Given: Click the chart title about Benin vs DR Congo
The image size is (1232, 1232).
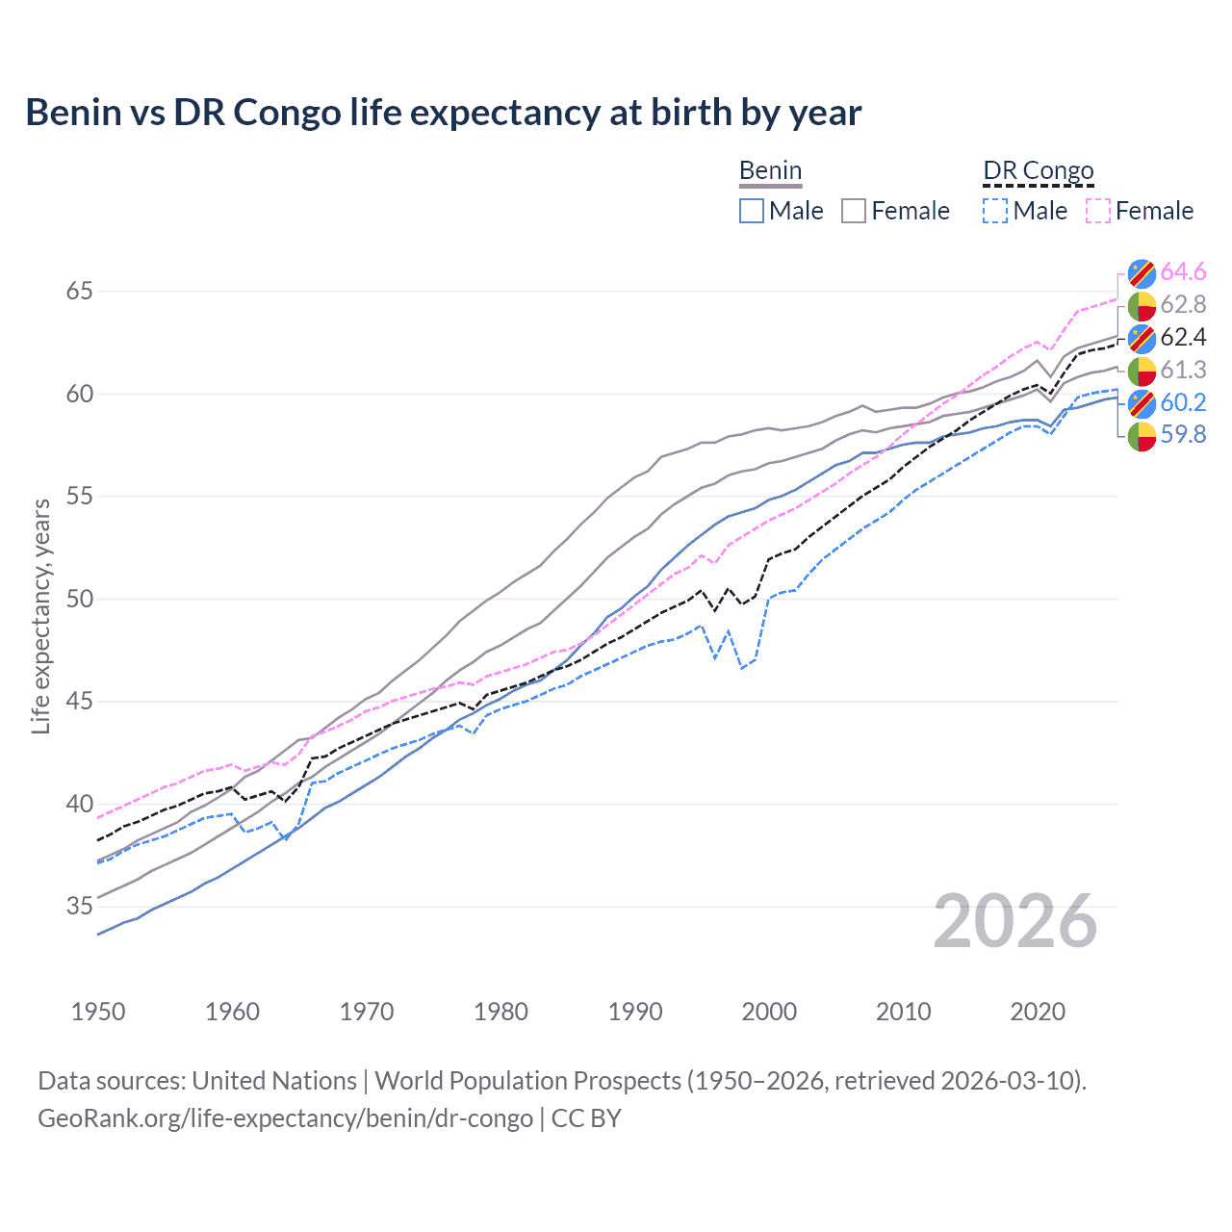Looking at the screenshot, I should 443,113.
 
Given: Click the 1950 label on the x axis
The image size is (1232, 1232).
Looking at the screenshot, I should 98,1012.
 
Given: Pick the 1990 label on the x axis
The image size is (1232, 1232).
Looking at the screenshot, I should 635,1012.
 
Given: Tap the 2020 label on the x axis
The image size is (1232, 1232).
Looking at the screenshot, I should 1038,1012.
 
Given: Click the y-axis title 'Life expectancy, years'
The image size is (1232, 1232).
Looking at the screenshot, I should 41,616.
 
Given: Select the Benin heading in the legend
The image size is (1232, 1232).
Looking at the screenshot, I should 770,171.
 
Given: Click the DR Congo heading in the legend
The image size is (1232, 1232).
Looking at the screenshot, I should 1038,171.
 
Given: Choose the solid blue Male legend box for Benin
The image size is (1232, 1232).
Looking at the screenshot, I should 752,211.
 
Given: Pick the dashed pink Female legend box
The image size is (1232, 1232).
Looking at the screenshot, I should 1098,211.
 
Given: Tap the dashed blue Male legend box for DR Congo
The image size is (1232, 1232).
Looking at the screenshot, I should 995,211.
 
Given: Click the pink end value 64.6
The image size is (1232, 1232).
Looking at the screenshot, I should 1183,272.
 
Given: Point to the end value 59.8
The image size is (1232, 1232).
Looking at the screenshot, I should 1183,435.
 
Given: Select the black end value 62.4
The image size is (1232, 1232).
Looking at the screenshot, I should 1183,337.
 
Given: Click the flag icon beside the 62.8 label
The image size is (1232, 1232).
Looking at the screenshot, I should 1142,305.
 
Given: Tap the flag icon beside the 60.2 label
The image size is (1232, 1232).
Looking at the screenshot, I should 1142,402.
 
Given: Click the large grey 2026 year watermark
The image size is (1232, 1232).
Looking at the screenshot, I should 1014,921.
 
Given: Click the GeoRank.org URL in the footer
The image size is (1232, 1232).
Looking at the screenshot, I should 285,1118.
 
